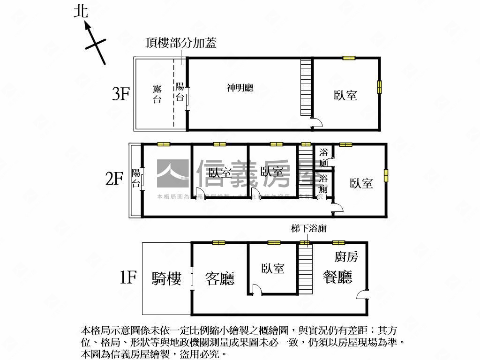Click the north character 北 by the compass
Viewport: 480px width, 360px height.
[81, 11]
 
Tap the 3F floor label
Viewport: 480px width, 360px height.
[120, 94]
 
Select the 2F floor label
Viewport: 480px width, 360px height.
[114, 179]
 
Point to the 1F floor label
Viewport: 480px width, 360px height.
[127, 278]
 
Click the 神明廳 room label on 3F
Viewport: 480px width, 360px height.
[240, 88]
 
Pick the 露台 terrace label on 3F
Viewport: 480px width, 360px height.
[157, 94]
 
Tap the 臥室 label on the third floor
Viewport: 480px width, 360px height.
[345, 96]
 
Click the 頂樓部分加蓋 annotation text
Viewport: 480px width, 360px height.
[181, 43]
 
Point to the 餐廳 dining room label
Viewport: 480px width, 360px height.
[337, 277]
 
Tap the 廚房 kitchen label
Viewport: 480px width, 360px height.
[346, 257]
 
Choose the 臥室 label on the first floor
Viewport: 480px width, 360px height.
[273, 269]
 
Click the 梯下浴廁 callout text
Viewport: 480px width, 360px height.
[308, 229]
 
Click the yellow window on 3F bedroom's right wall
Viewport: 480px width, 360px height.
[379, 87]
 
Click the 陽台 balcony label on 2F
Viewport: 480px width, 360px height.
[136, 178]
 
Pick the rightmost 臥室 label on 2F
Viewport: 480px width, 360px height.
[361, 183]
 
